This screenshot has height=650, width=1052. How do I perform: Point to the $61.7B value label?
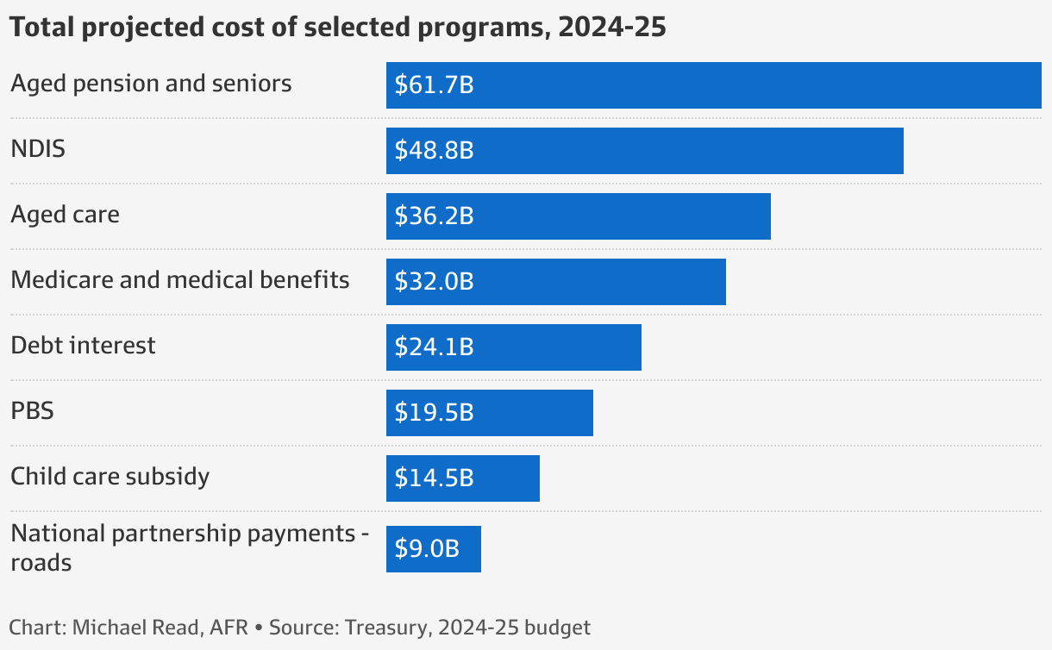click(x=434, y=85)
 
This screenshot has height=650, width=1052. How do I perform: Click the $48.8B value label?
click(x=434, y=151)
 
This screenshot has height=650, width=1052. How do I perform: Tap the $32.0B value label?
click(x=434, y=282)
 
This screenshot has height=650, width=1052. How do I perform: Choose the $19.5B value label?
click(x=434, y=413)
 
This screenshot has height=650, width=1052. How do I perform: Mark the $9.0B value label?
click(x=427, y=549)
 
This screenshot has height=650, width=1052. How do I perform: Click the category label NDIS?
click(x=38, y=149)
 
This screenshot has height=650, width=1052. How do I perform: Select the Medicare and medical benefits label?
click(x=179, y=279)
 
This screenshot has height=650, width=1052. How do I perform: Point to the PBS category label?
click(x=32, y=411)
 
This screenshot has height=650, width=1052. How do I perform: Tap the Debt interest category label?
click(x=83, y=346)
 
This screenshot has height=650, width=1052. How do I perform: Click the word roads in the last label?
click(x=41, y=564)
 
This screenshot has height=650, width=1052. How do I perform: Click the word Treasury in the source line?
click(x=385, y=628)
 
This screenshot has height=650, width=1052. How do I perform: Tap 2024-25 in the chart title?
click(x=612, y=28)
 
